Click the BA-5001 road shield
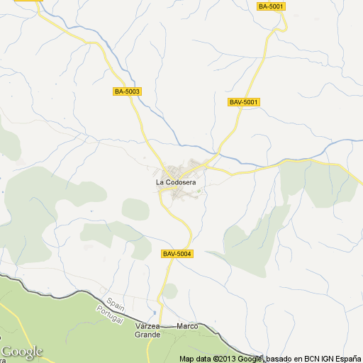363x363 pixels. pos(271,6)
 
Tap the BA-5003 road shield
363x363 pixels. pos(128,91)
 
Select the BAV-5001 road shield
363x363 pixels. pos(245,102)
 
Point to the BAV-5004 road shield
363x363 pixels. pos(177,254)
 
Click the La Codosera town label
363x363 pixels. pos(176,182)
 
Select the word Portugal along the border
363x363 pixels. pos(111,314)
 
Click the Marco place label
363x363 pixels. pos(187,326)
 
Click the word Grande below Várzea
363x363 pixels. pos(148,333)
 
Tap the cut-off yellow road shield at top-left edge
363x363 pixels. pos(23,1)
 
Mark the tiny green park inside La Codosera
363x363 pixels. pos(199,190)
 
